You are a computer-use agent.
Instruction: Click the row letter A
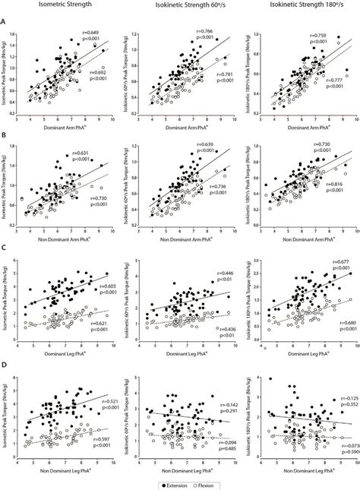click(x=6, y=22)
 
